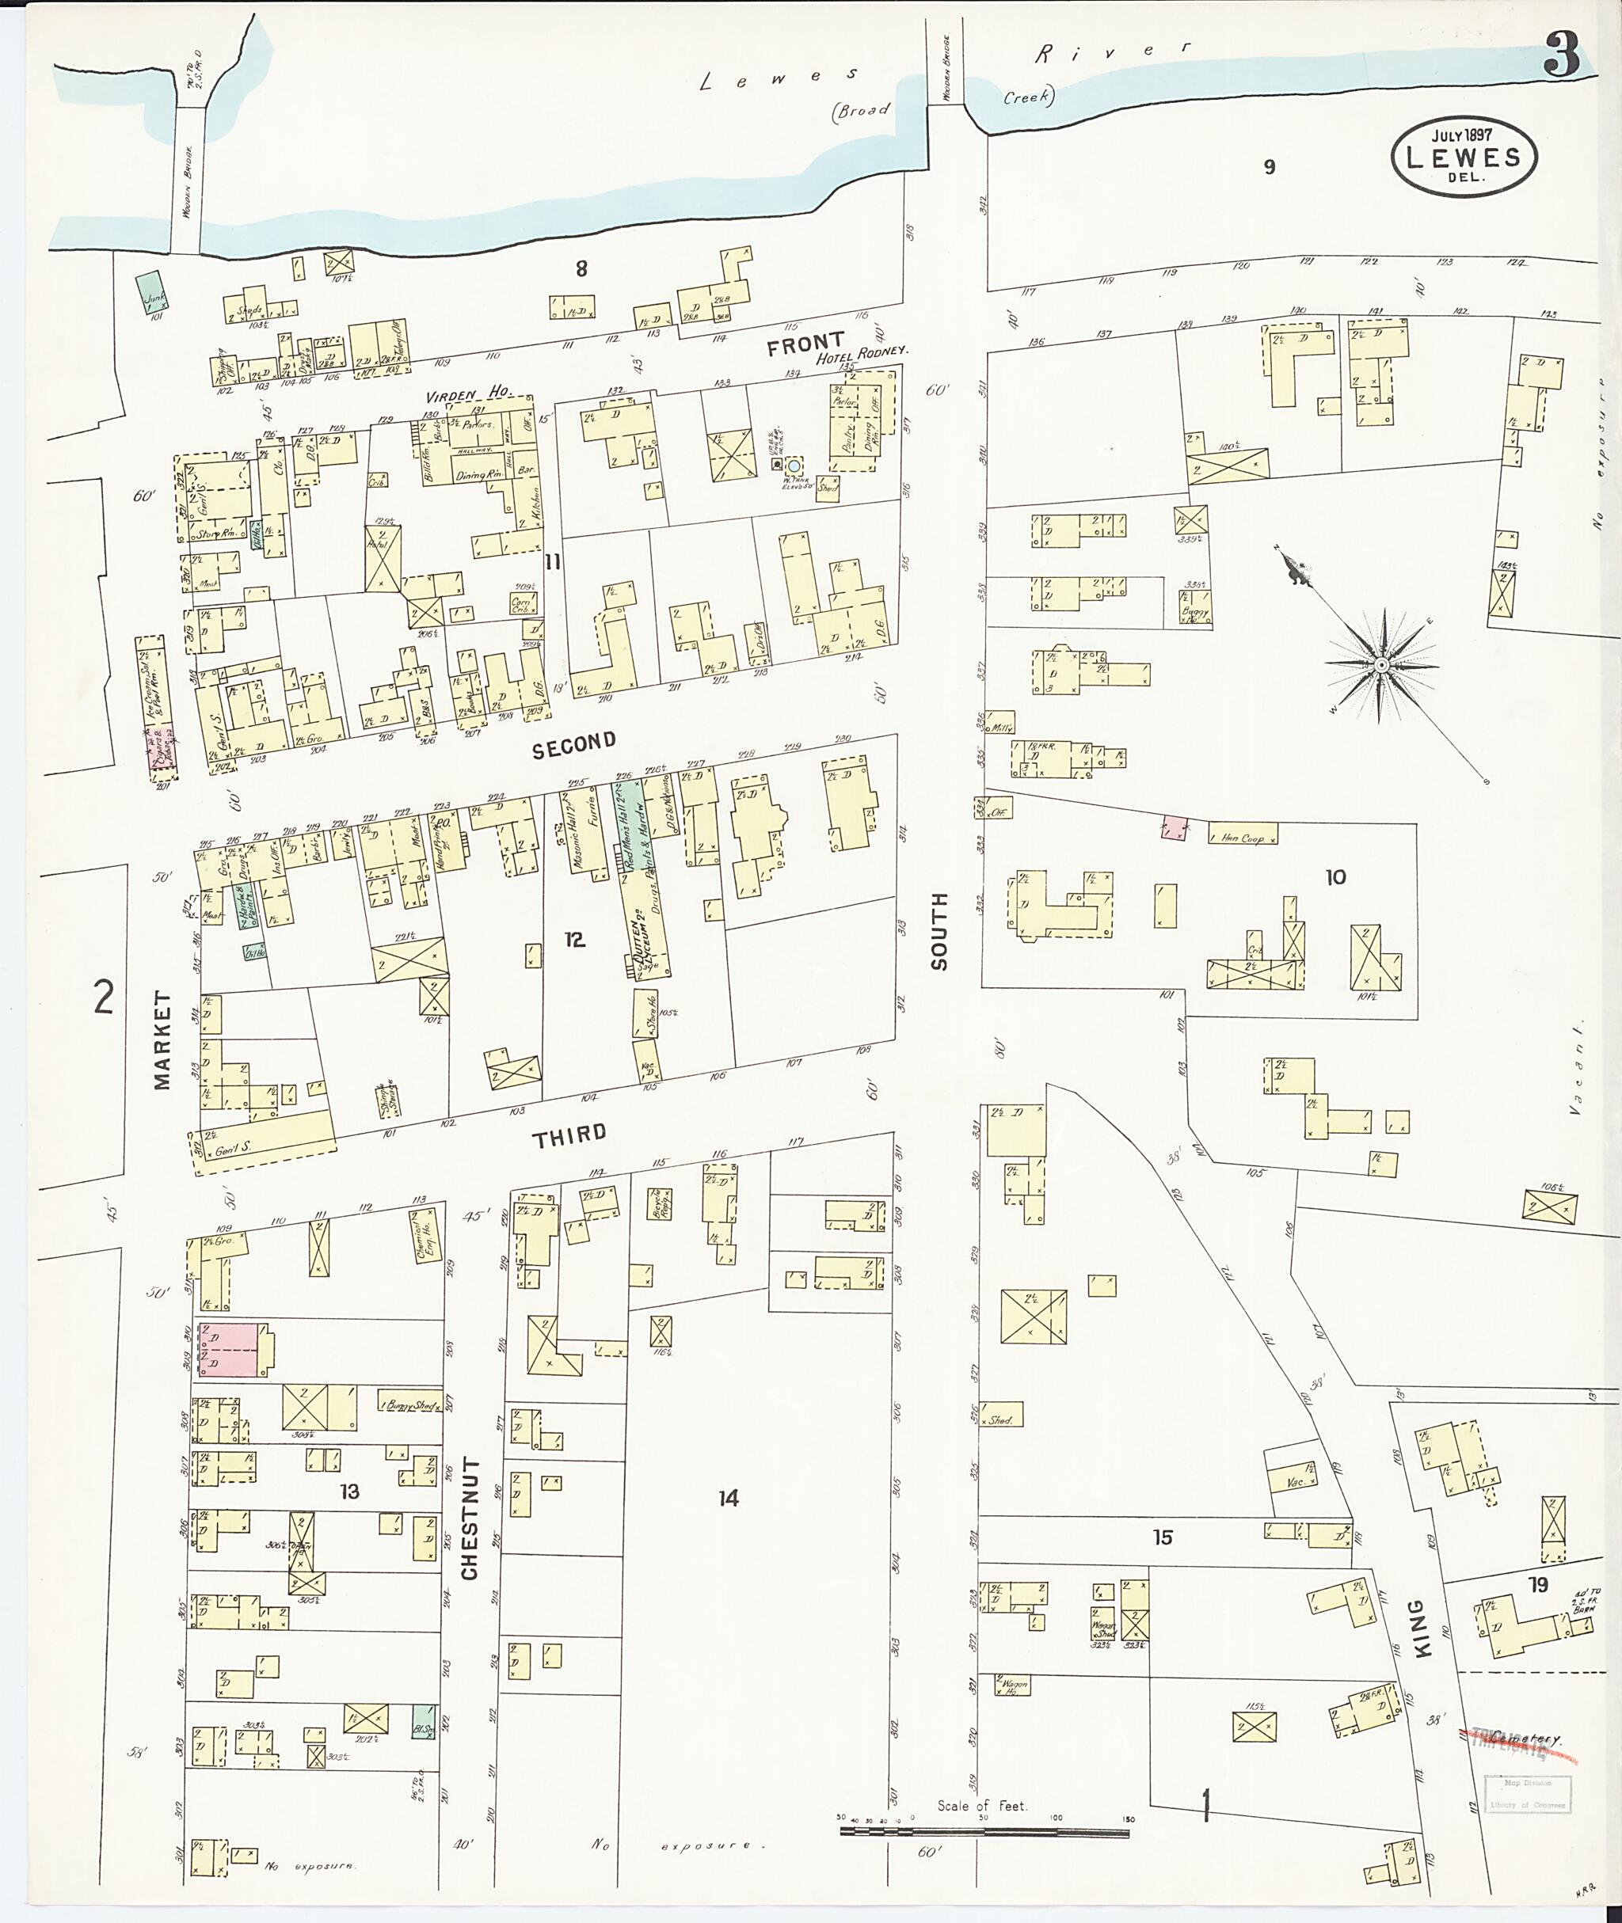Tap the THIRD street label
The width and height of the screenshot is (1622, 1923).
(x=570, y=1134)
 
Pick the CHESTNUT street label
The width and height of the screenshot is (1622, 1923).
(x=470, y=1517)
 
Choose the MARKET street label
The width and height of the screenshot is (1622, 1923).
(x=162, y=1039)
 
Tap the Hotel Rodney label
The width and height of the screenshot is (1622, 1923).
(x=862, y=352)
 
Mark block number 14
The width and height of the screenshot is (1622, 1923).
(x=729, y=1499)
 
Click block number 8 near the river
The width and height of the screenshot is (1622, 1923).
(x=581, y=268)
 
